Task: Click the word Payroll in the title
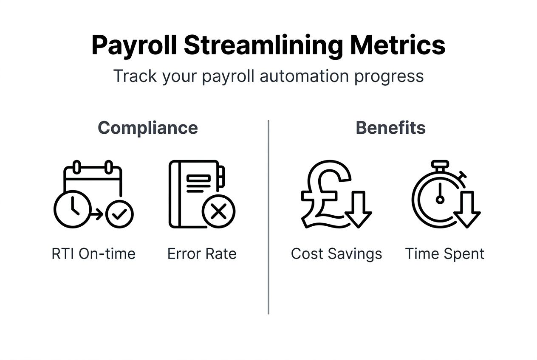[134, 45]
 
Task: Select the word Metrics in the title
[398, 45]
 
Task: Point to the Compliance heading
[148, 128]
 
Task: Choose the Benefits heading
[390, 128]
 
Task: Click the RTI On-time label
[93, 254]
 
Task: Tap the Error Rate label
[202, 254]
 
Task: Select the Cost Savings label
[336, 254]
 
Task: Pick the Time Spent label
[445, 254]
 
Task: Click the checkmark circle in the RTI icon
[119, 215]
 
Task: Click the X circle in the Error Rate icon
[218, 211]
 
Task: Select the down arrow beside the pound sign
[358, 209]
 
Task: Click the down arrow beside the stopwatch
[467, 209]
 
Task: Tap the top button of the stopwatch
[440, 164]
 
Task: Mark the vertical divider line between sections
[268, 217]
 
